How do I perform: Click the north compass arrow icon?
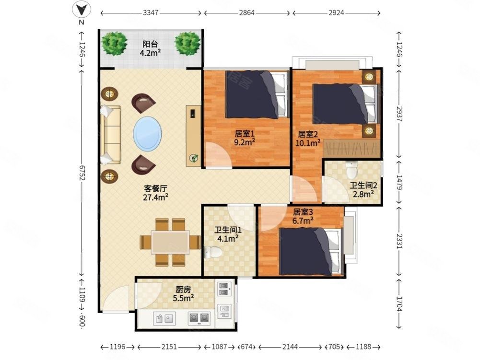click(x=81, y=10)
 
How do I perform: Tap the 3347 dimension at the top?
click(x=151, y=13)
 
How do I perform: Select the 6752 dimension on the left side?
click(x=82, y=173)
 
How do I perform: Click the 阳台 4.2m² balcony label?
click(x=150, y=48)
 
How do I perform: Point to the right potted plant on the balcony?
click(x=187, y=44)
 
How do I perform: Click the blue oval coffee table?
click(x=148, y=133)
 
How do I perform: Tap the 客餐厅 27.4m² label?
click(x=155, y=193)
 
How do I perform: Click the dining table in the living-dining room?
click(x=171, y=242)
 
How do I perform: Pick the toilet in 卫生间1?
click(x=213, y=252)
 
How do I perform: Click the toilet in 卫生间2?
click(x=351, y=170)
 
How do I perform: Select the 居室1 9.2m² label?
click(x=245, y=138)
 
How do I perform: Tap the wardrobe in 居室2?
click(x=352, y=149)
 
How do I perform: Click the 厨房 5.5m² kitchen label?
click(x=183, y=293)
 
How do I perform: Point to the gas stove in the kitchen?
click(x=199, y=318)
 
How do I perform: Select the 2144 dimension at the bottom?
click(x=290, y=347)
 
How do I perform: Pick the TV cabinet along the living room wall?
click(x=193, y=136)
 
